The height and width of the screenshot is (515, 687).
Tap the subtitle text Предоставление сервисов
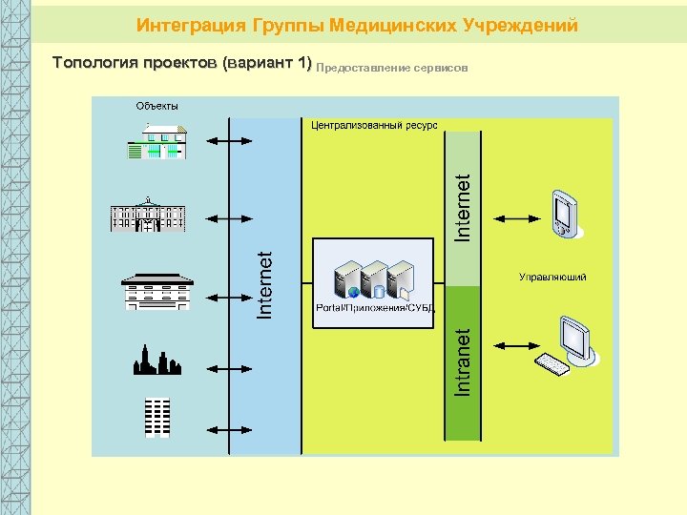391,69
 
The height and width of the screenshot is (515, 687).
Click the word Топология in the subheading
90,63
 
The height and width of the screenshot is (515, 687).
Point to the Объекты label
156,106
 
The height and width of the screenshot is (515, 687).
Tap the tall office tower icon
156,416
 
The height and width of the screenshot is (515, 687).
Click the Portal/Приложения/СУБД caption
375,308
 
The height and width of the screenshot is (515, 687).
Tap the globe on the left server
353,292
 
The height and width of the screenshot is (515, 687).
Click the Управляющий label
552,277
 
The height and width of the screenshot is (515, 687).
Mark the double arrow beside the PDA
516,218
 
